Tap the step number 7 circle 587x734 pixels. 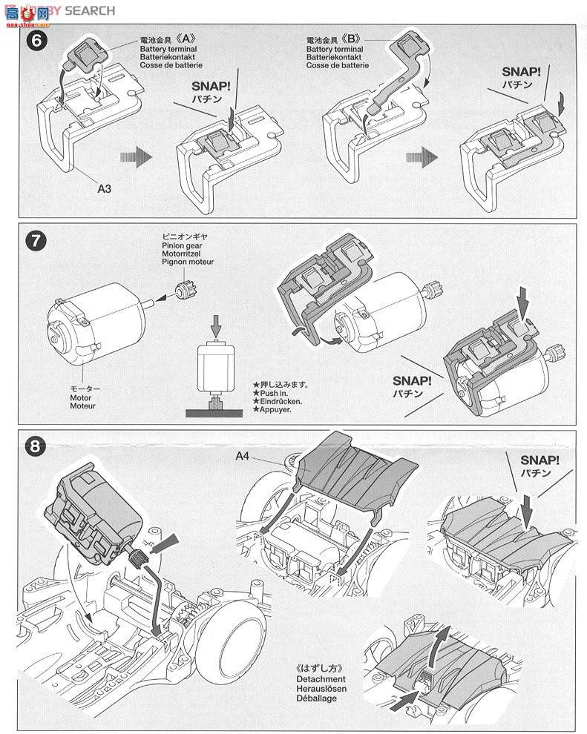point(36,241)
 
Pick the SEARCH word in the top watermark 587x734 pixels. point(90,10)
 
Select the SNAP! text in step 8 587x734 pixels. point(540,459)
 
